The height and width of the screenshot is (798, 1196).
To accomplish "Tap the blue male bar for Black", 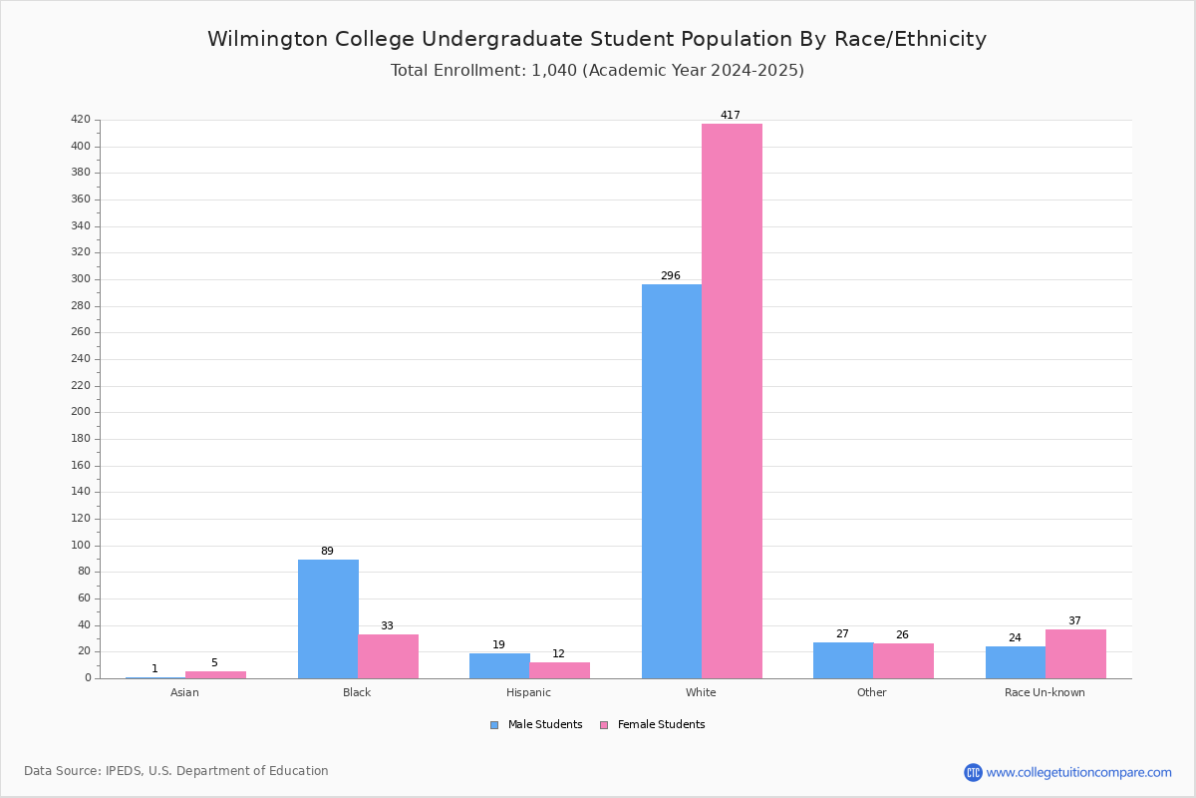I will pos(328,618).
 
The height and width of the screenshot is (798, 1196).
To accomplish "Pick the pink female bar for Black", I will pos(389,655).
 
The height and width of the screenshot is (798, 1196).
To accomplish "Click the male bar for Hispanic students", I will pos(499,665).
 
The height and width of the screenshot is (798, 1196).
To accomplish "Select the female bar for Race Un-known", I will pos(1075,653).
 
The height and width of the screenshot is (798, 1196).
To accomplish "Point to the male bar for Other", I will pos(843,660).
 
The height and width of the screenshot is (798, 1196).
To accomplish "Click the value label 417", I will pos(731,116).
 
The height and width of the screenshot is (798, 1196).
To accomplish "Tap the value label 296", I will pos(670,276).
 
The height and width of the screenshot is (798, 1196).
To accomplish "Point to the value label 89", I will pos(327,552).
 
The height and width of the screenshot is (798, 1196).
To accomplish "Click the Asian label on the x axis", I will pos(184,692).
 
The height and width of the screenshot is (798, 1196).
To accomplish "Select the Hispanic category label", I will pos(528,692).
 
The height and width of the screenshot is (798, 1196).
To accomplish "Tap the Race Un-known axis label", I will pos(1045,692).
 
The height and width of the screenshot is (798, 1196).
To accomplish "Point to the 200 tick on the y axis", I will pos(81,413).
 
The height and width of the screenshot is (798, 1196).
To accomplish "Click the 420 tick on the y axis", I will pos(81,120).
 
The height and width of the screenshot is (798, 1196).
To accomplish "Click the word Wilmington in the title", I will pos(262,40).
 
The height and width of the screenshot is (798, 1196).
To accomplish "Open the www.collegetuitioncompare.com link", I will pos(1078,772).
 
